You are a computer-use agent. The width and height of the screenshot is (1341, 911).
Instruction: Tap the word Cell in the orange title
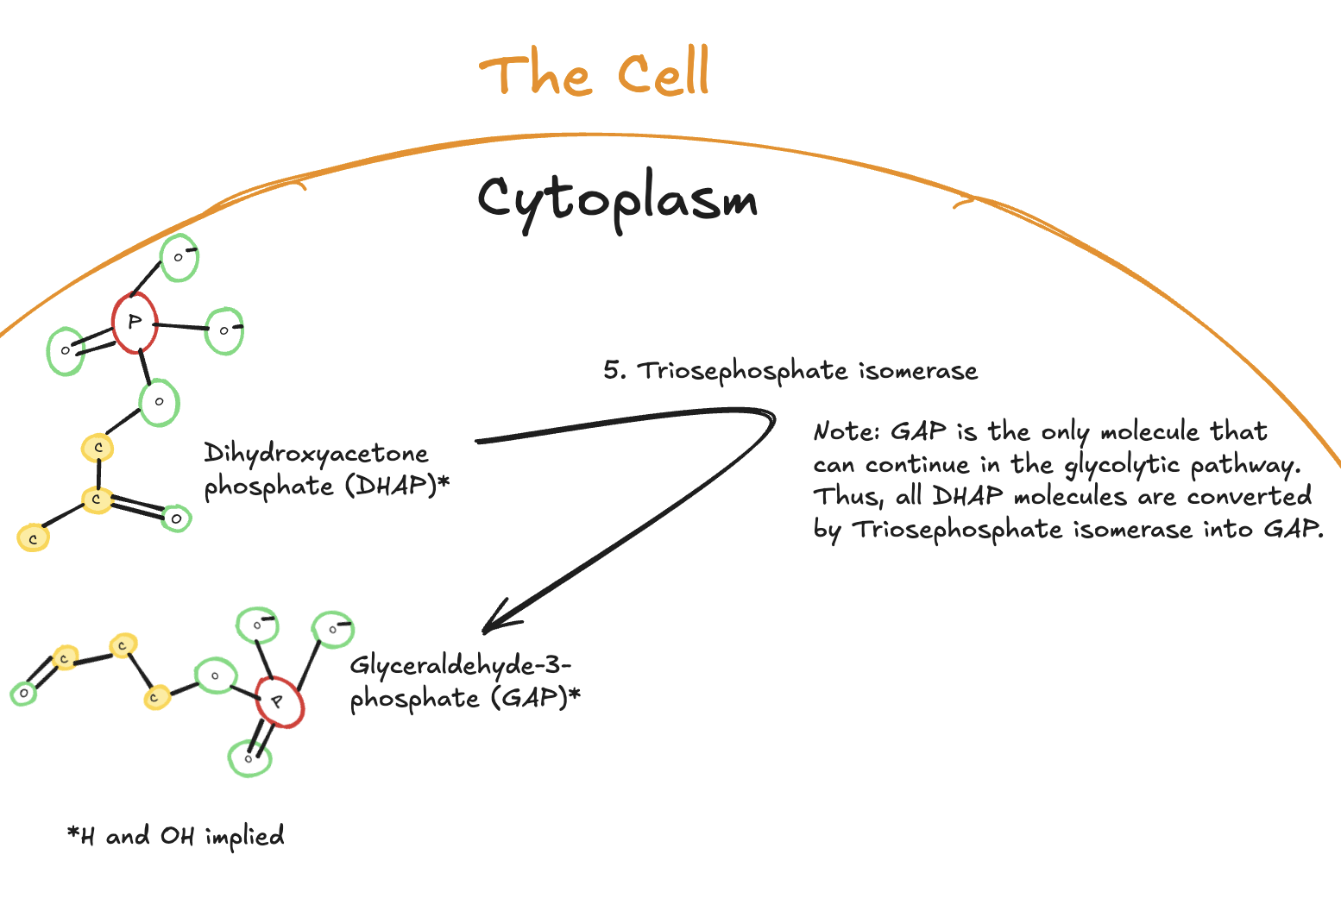click(664, 73)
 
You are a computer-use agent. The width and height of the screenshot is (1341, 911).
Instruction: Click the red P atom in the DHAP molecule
click(135, 323)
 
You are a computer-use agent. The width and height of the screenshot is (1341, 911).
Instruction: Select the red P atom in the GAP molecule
click(279, 703)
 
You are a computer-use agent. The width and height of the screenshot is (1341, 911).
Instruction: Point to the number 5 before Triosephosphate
click(612, 370)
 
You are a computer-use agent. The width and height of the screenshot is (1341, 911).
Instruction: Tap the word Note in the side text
click(844, 431)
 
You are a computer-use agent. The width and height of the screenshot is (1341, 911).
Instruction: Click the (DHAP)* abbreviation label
click(398, 486)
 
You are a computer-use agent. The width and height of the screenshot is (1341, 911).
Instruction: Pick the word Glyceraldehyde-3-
click(461, 666)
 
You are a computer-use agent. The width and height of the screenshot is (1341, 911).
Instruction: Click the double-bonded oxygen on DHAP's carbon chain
click(176, 518)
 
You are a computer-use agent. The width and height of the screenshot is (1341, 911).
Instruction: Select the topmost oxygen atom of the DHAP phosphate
click(179, 257)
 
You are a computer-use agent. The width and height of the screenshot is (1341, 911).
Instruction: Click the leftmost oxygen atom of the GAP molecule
click(23, 693)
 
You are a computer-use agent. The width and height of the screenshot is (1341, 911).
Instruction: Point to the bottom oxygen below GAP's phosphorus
click(249, 759)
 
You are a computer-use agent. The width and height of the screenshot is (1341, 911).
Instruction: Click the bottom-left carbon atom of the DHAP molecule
click(34, 538)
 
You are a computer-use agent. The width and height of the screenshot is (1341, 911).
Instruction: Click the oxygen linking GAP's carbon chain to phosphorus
click(216, 676)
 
